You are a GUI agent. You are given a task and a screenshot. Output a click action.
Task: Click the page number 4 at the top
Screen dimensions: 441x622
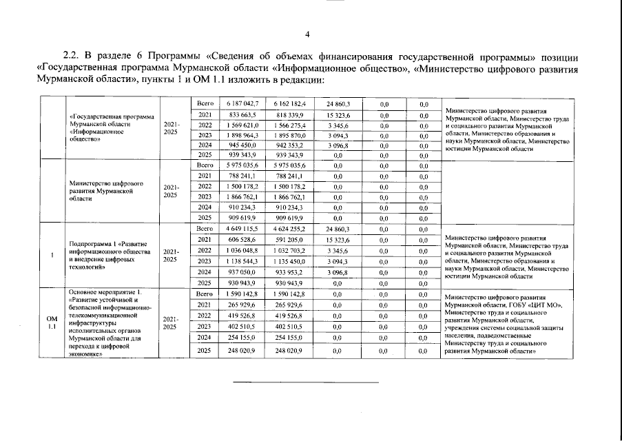(309, 34)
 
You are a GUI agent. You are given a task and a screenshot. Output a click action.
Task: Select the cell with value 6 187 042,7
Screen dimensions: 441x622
(237, 103)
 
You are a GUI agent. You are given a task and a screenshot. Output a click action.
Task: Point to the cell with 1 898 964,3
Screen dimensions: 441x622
(237, 136)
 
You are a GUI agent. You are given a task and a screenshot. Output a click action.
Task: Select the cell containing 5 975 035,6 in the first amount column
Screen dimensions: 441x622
(237, 166)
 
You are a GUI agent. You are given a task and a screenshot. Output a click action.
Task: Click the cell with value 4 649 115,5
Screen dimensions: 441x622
(237, 228)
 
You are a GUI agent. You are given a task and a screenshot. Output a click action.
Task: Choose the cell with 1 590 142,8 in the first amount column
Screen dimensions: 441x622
(237, 294)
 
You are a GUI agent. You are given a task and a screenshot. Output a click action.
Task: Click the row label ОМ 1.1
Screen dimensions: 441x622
(52, 323)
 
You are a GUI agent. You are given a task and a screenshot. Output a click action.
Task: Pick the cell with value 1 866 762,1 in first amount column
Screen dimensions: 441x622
(237, 196)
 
